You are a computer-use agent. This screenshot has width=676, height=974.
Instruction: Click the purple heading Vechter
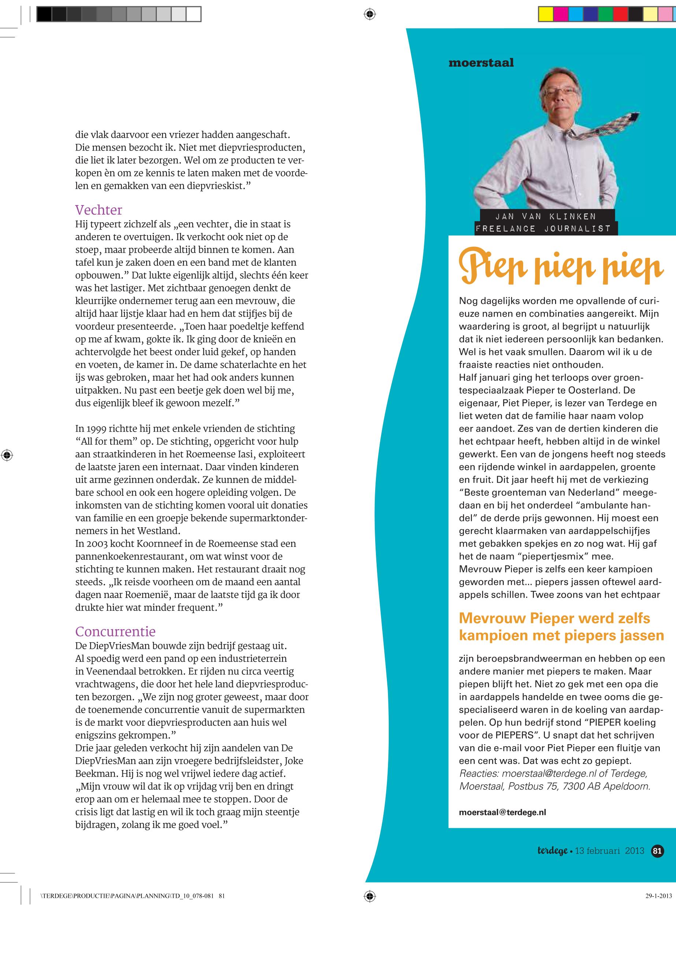pos(99,210)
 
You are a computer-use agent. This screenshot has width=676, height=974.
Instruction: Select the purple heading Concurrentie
pos(115,631)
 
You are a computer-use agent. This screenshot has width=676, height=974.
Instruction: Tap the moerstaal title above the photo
pos(481,63)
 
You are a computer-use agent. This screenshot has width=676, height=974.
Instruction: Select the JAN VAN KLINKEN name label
pos(546,216)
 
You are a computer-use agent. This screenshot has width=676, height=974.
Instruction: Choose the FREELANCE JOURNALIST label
pos(543,228)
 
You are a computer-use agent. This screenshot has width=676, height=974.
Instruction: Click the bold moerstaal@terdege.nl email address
pos(502,812)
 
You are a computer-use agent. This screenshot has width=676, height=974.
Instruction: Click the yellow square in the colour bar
pos(546,14)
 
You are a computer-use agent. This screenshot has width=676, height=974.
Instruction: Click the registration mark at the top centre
pos(369,14)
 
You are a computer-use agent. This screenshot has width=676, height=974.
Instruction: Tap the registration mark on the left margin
pos(7,456)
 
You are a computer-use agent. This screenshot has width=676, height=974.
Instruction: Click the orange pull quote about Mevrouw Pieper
pos(561,627)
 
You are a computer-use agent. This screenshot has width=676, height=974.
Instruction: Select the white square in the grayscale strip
pos(193,14)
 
